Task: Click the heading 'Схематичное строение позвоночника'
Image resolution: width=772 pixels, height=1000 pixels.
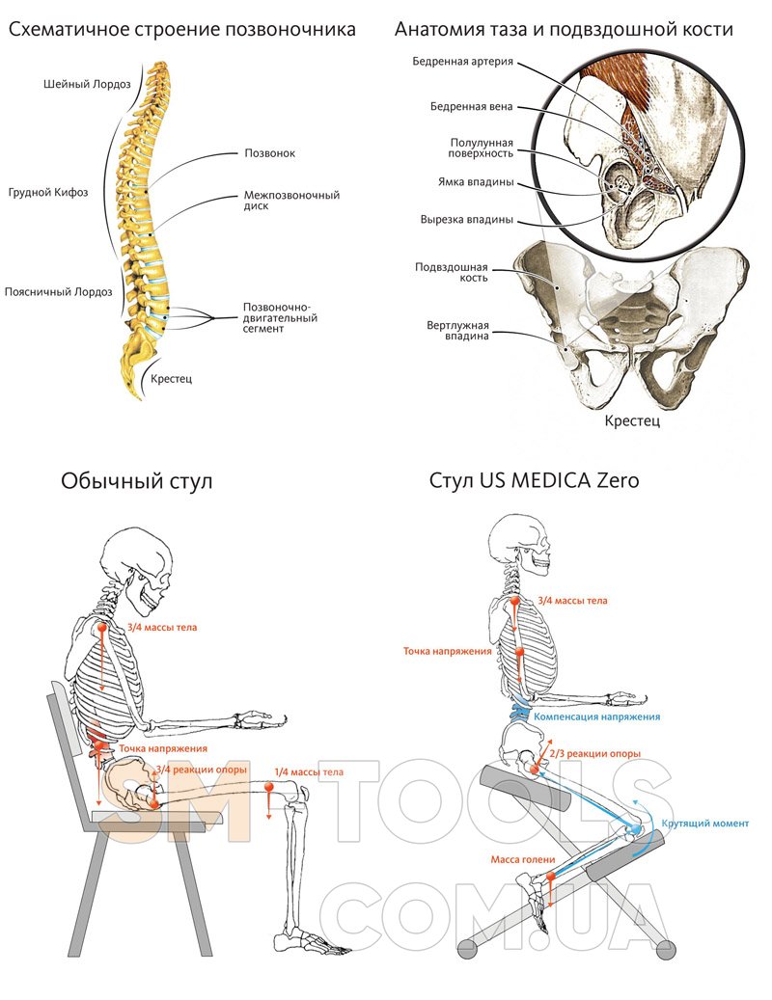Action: point(182,30)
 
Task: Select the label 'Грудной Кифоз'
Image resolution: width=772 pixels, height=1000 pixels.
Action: point(48,193)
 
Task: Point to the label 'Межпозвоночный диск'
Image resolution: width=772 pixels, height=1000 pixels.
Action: point(291,201)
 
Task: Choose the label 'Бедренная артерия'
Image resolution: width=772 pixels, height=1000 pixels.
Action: point(463,63)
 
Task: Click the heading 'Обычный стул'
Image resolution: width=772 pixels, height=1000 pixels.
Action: point(136,480)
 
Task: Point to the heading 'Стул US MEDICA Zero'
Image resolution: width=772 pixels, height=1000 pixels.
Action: point(534,480)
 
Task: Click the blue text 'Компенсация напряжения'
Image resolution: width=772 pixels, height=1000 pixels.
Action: point(596,717)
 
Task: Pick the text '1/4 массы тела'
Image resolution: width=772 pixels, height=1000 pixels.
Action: point(309,771)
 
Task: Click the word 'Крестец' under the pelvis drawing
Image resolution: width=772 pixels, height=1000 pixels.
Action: point(631,421)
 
